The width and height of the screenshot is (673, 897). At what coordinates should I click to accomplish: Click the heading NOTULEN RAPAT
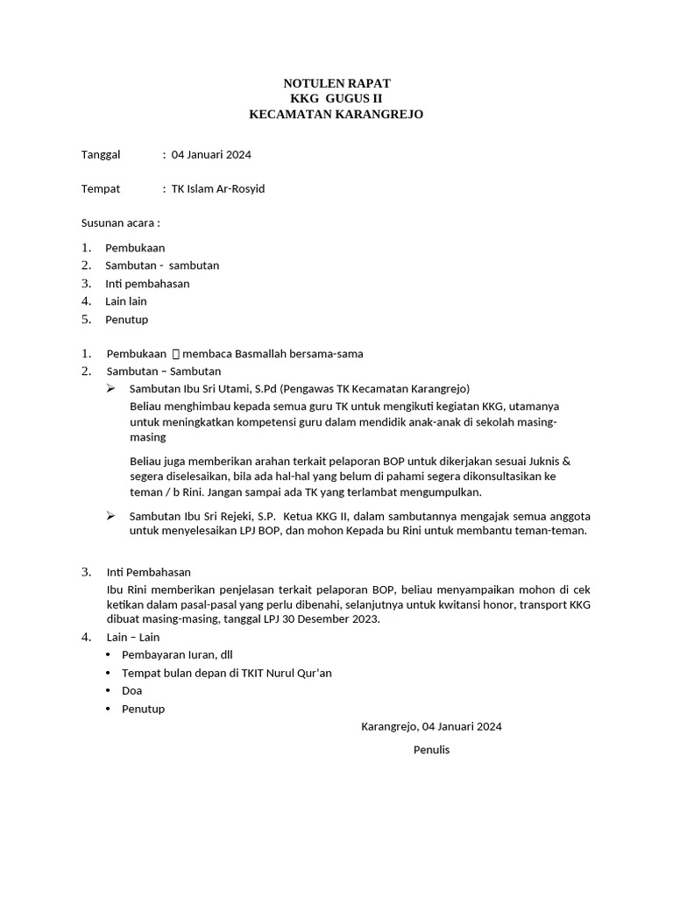(x=336, y=82)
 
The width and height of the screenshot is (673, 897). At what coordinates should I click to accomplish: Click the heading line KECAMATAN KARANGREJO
(x=336, y=115)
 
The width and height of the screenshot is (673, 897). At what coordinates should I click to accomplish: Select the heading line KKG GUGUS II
(x=336, y=98)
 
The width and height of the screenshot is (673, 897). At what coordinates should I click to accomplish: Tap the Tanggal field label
(x=101, y=155)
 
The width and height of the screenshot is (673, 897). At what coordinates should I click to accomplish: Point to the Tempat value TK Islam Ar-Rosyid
(x=217, y=188)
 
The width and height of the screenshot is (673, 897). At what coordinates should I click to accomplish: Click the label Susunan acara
(x=120, y=222)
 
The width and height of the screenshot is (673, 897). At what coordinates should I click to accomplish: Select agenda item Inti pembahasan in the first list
(x=147, y=284)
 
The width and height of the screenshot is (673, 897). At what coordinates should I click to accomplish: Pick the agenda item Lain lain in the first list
(x=126, y=301)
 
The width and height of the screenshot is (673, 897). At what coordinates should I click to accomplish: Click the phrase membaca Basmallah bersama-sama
(x=273, y=354)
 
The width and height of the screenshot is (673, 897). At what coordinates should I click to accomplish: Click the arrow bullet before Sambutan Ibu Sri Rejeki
(x=110, y=516)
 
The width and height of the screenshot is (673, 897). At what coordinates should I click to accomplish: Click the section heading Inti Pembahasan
(x=148, y=572)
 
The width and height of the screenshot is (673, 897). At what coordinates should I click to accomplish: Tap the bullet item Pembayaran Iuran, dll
(x=177, y=654)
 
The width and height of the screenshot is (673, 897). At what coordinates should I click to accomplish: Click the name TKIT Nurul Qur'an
(x=285, y=673)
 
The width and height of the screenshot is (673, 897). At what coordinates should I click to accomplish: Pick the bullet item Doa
(x=131, y=690)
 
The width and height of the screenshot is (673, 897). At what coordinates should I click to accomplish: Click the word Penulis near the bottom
(x=431, y=750)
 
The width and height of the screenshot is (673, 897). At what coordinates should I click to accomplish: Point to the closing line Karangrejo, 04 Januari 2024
(x=431, y=726)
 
